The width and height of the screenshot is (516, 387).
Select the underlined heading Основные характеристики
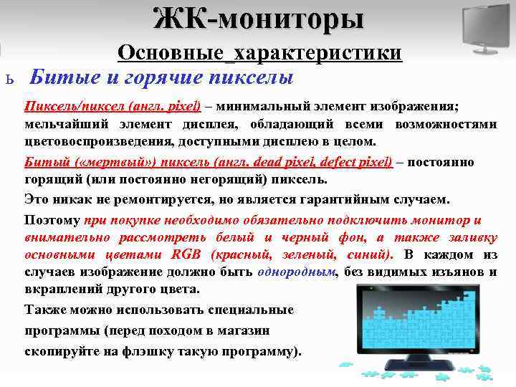(259, 53)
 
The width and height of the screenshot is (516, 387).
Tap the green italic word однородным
(307, 272)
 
